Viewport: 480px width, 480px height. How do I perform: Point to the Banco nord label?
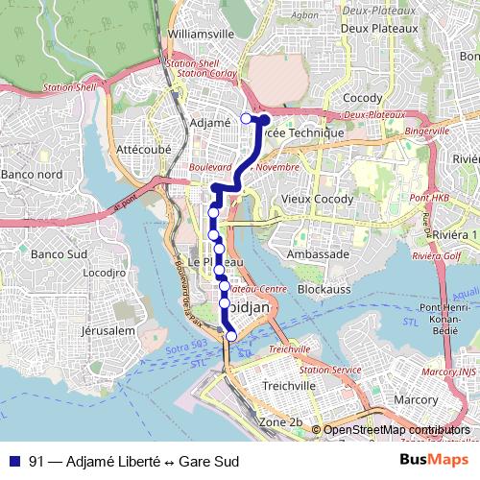(31, 175)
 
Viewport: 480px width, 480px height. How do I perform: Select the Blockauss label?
(323, 288)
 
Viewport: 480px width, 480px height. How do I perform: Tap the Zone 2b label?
(281, 422)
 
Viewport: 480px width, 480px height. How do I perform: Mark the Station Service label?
(330, 369)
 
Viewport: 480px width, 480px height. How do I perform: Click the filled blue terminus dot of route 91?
(265, 120)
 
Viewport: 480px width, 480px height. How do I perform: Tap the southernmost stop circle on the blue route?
(230, 335)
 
